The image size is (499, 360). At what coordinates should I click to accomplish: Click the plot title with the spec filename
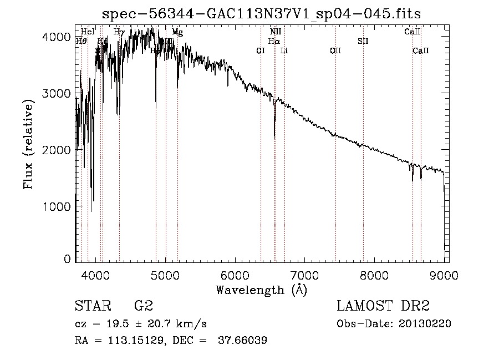tap(266, 14)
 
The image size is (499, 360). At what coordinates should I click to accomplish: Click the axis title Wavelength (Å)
tap(261, 290)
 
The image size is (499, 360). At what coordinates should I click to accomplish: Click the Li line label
tap(284, 51)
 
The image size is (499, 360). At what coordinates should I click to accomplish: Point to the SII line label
tap(363, 41)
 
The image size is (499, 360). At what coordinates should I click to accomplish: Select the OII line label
tap(335, 51)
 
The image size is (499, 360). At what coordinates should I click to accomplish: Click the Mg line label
tap(177, 32)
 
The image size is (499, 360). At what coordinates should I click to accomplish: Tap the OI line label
tap(261, 51)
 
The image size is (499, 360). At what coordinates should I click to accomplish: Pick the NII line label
tap(276, 32)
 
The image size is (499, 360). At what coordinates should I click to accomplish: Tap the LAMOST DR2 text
tap(383, 306)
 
